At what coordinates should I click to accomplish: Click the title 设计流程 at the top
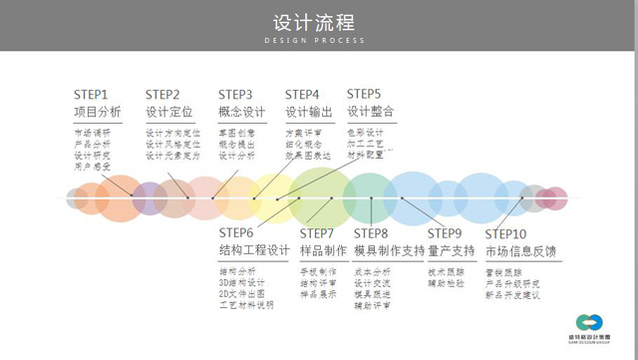(x=318, y=22)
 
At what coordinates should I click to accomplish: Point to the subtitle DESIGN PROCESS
(x=318, y=42)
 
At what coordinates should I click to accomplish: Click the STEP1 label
(x=91, y=94)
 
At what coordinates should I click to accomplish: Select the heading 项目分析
(x=98, y=111)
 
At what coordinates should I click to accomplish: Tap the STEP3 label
(x=235, y=94)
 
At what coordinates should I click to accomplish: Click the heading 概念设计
(x=241, y=111)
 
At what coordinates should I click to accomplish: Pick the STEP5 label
(x=364, y=94)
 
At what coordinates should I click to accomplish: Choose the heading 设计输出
(x=309, y=111)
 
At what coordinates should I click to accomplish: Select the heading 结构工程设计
(x=254, y=250)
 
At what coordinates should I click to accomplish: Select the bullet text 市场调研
(x=93, y=132)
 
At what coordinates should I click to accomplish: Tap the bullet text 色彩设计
(x=365, y=132)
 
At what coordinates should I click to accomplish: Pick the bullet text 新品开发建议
(x=512, y=294)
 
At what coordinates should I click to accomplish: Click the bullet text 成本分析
(x=373, y=270)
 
